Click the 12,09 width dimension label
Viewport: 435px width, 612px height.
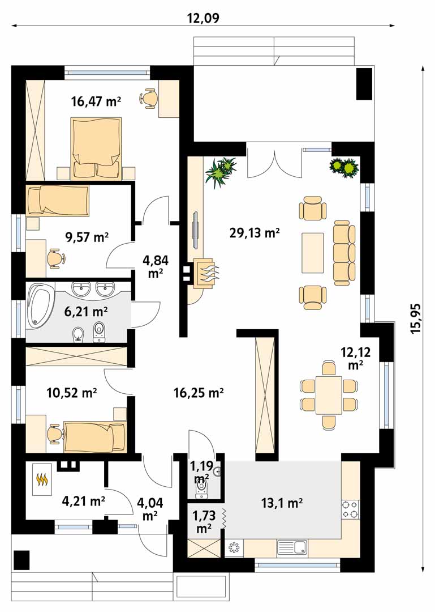[x=203, y=18]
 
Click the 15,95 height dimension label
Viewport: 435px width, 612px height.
[x=416, y=318]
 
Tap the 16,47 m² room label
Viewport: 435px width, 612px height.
[x=96, y=101]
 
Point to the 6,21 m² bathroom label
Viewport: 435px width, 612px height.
[x=85, y=312]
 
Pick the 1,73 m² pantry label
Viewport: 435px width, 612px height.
[x=204, y=522]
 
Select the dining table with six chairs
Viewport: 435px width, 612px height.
[x=329, y=395]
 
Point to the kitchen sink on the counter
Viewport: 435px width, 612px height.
[x=292, y=547]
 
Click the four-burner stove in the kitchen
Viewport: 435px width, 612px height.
[x=350, y=509]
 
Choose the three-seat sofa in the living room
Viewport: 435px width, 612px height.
[x=344, y=253]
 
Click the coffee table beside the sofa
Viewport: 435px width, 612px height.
[x=313, y=253]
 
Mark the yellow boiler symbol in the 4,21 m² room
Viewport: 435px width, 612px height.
[x=41, y=479]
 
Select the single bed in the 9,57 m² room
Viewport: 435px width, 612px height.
[x=58, y=200]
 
